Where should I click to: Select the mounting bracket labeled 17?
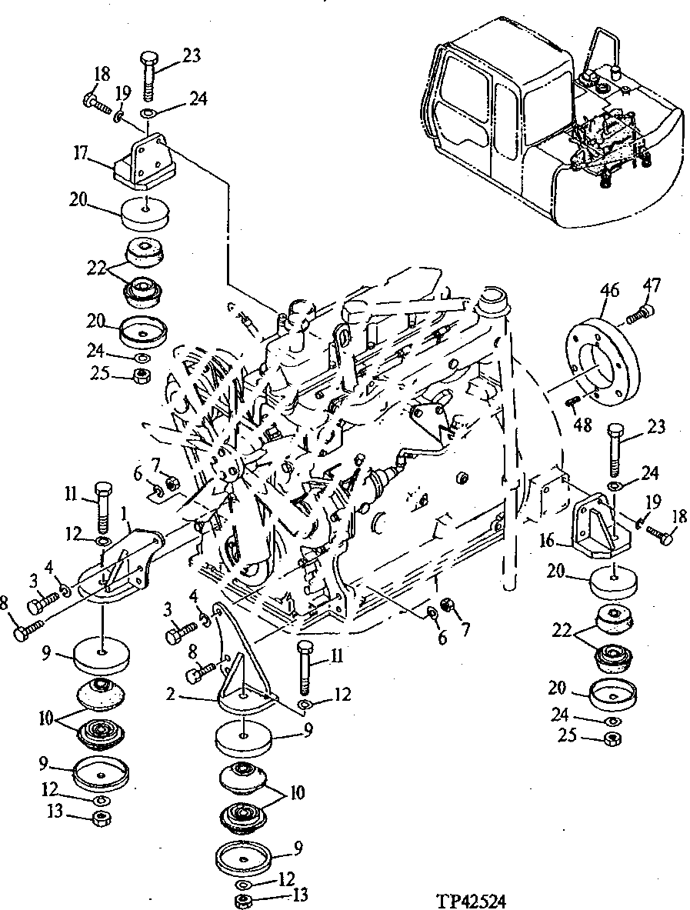pyautogui.click(x=144, y=163)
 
